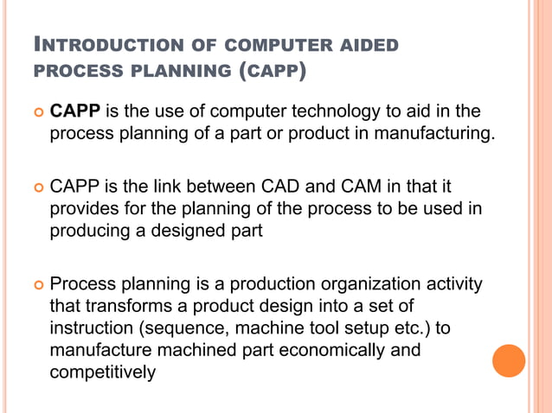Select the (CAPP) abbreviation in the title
272,71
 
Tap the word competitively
103,373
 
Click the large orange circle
509,360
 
